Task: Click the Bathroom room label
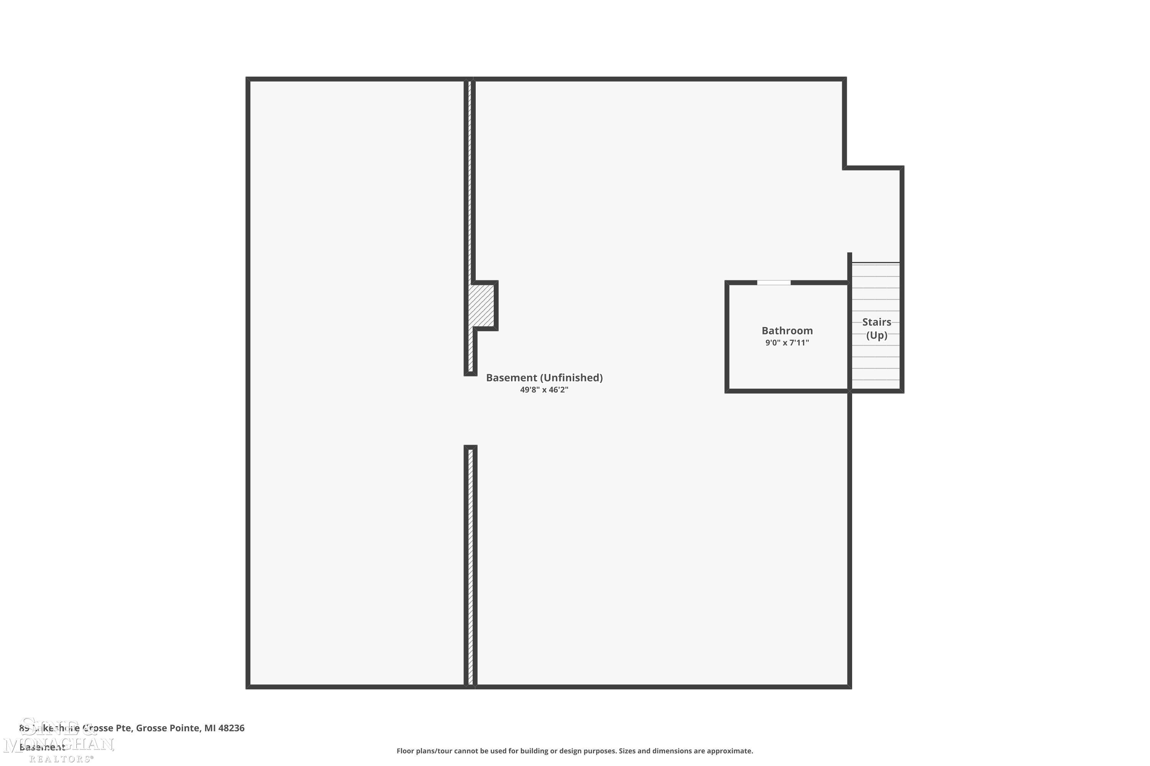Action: (787, 331)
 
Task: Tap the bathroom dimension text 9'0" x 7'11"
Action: (787, 343)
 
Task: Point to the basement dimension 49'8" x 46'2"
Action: (544, 390)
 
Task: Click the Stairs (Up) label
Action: (876, 328)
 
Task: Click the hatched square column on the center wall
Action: (481, 306)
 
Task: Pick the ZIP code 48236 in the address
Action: (231, 728)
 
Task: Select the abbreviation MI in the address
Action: (210, 728)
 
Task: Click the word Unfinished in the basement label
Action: (572, 378)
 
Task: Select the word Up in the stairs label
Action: (877, 335)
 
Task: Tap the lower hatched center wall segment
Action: (470, 567)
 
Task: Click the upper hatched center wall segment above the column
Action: (470, 181)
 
